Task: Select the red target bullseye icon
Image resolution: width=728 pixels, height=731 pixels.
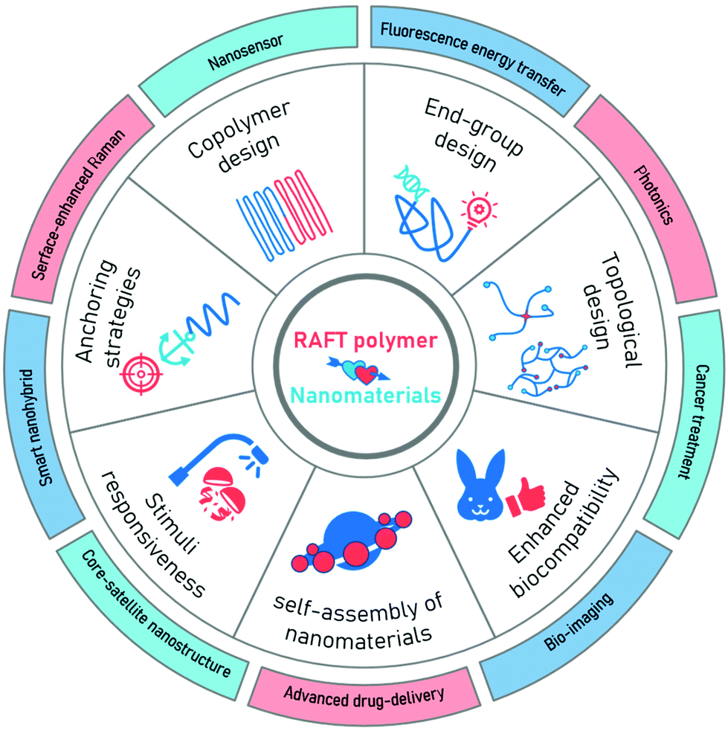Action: click(141, 370)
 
